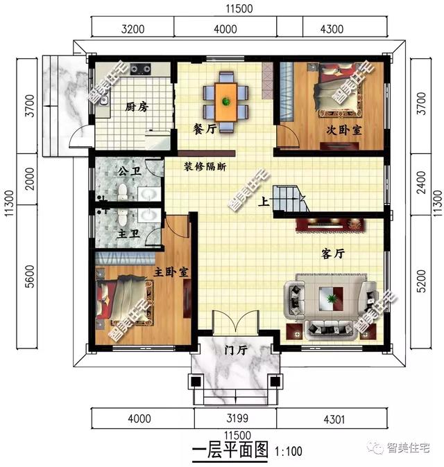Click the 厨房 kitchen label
pos(136,107)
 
